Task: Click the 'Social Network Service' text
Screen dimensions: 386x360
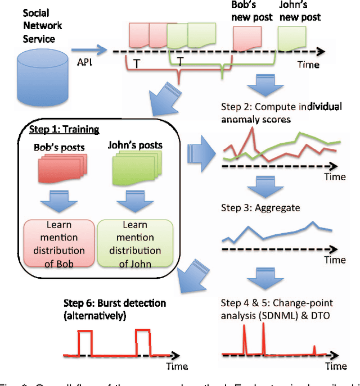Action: click(43, 25)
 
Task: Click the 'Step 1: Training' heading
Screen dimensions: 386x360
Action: click(64, 130)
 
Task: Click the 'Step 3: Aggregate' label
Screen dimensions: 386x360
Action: click(260, 208)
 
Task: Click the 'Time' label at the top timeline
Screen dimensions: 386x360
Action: click(308, 65)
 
